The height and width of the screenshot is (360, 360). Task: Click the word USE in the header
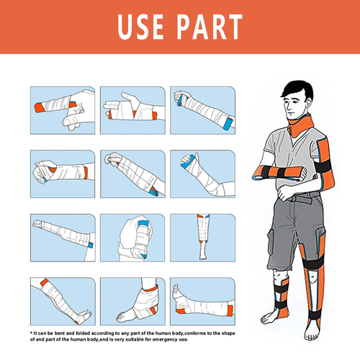[x=142, y=28]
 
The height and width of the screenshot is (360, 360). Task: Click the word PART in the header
[x=208, y=28]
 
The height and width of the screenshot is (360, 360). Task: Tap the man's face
[x=294, y=109]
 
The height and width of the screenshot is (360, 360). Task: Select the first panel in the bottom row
[x=62, y=298]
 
